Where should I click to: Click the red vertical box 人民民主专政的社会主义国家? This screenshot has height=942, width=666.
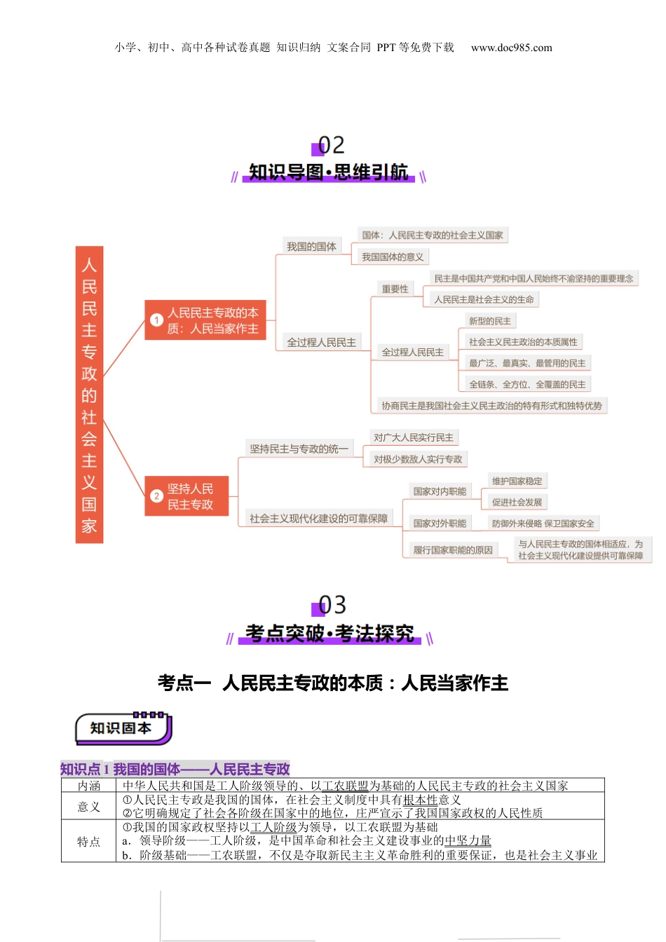[89, 395]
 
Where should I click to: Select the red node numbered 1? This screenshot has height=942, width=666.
[205, 320]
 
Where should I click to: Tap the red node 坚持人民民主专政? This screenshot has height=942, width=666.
[187, 496]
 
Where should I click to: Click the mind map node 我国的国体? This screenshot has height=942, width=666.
[311, 247]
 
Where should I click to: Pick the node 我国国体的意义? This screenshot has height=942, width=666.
[393, 257]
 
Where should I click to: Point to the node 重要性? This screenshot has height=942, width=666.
[395, 289]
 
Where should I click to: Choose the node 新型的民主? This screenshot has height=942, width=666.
[489, 321]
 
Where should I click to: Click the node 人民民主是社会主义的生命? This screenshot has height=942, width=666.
[484, 299]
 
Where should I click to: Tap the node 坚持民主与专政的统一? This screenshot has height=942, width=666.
[299, 449]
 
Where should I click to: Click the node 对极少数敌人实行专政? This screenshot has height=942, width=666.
[418, 459]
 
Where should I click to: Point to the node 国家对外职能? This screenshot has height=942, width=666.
[440, 524]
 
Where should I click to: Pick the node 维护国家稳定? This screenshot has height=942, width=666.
[517, 481]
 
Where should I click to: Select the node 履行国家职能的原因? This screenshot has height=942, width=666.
[453, 550]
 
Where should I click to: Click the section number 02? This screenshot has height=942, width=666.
[331, 146]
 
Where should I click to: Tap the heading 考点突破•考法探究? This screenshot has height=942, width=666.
[329, 634]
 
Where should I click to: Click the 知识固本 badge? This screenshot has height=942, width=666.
[122, 728]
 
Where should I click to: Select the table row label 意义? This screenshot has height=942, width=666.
[88, 807]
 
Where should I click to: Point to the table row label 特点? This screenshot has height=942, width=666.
[88, 841]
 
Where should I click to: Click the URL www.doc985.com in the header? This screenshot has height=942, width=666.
[511, 48]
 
